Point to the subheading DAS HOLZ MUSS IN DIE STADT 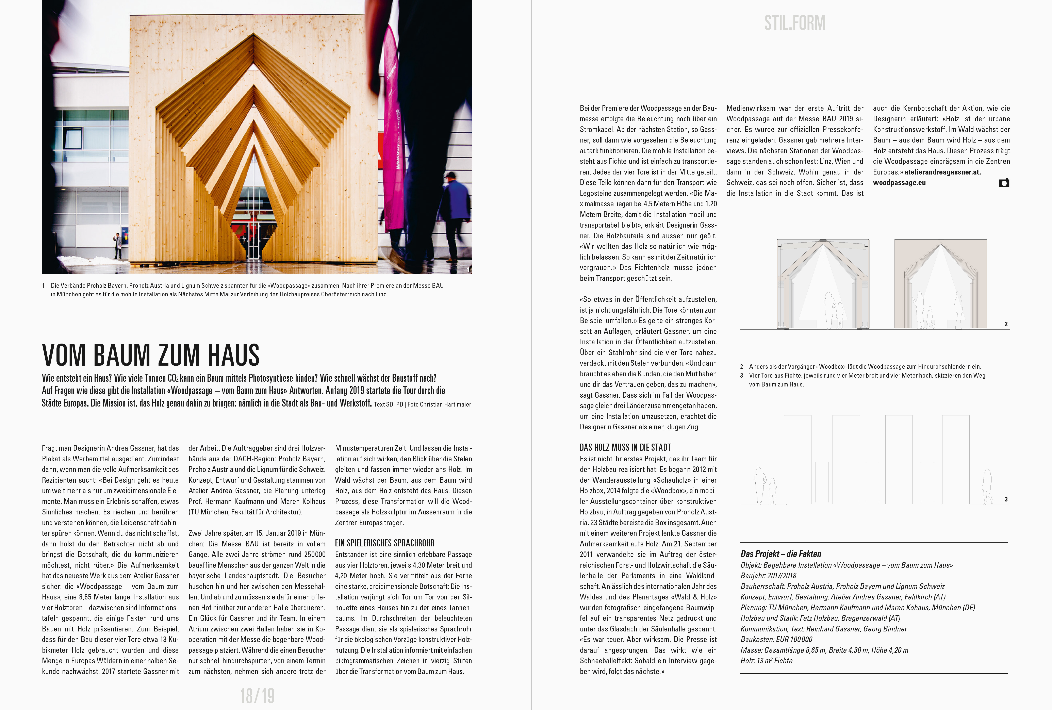pyautogui.click(x=625, y=447)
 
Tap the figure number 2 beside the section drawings pyautogui.click(x=1006, y=324)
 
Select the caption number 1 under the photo pyautogui.click(x=44, y=285)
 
